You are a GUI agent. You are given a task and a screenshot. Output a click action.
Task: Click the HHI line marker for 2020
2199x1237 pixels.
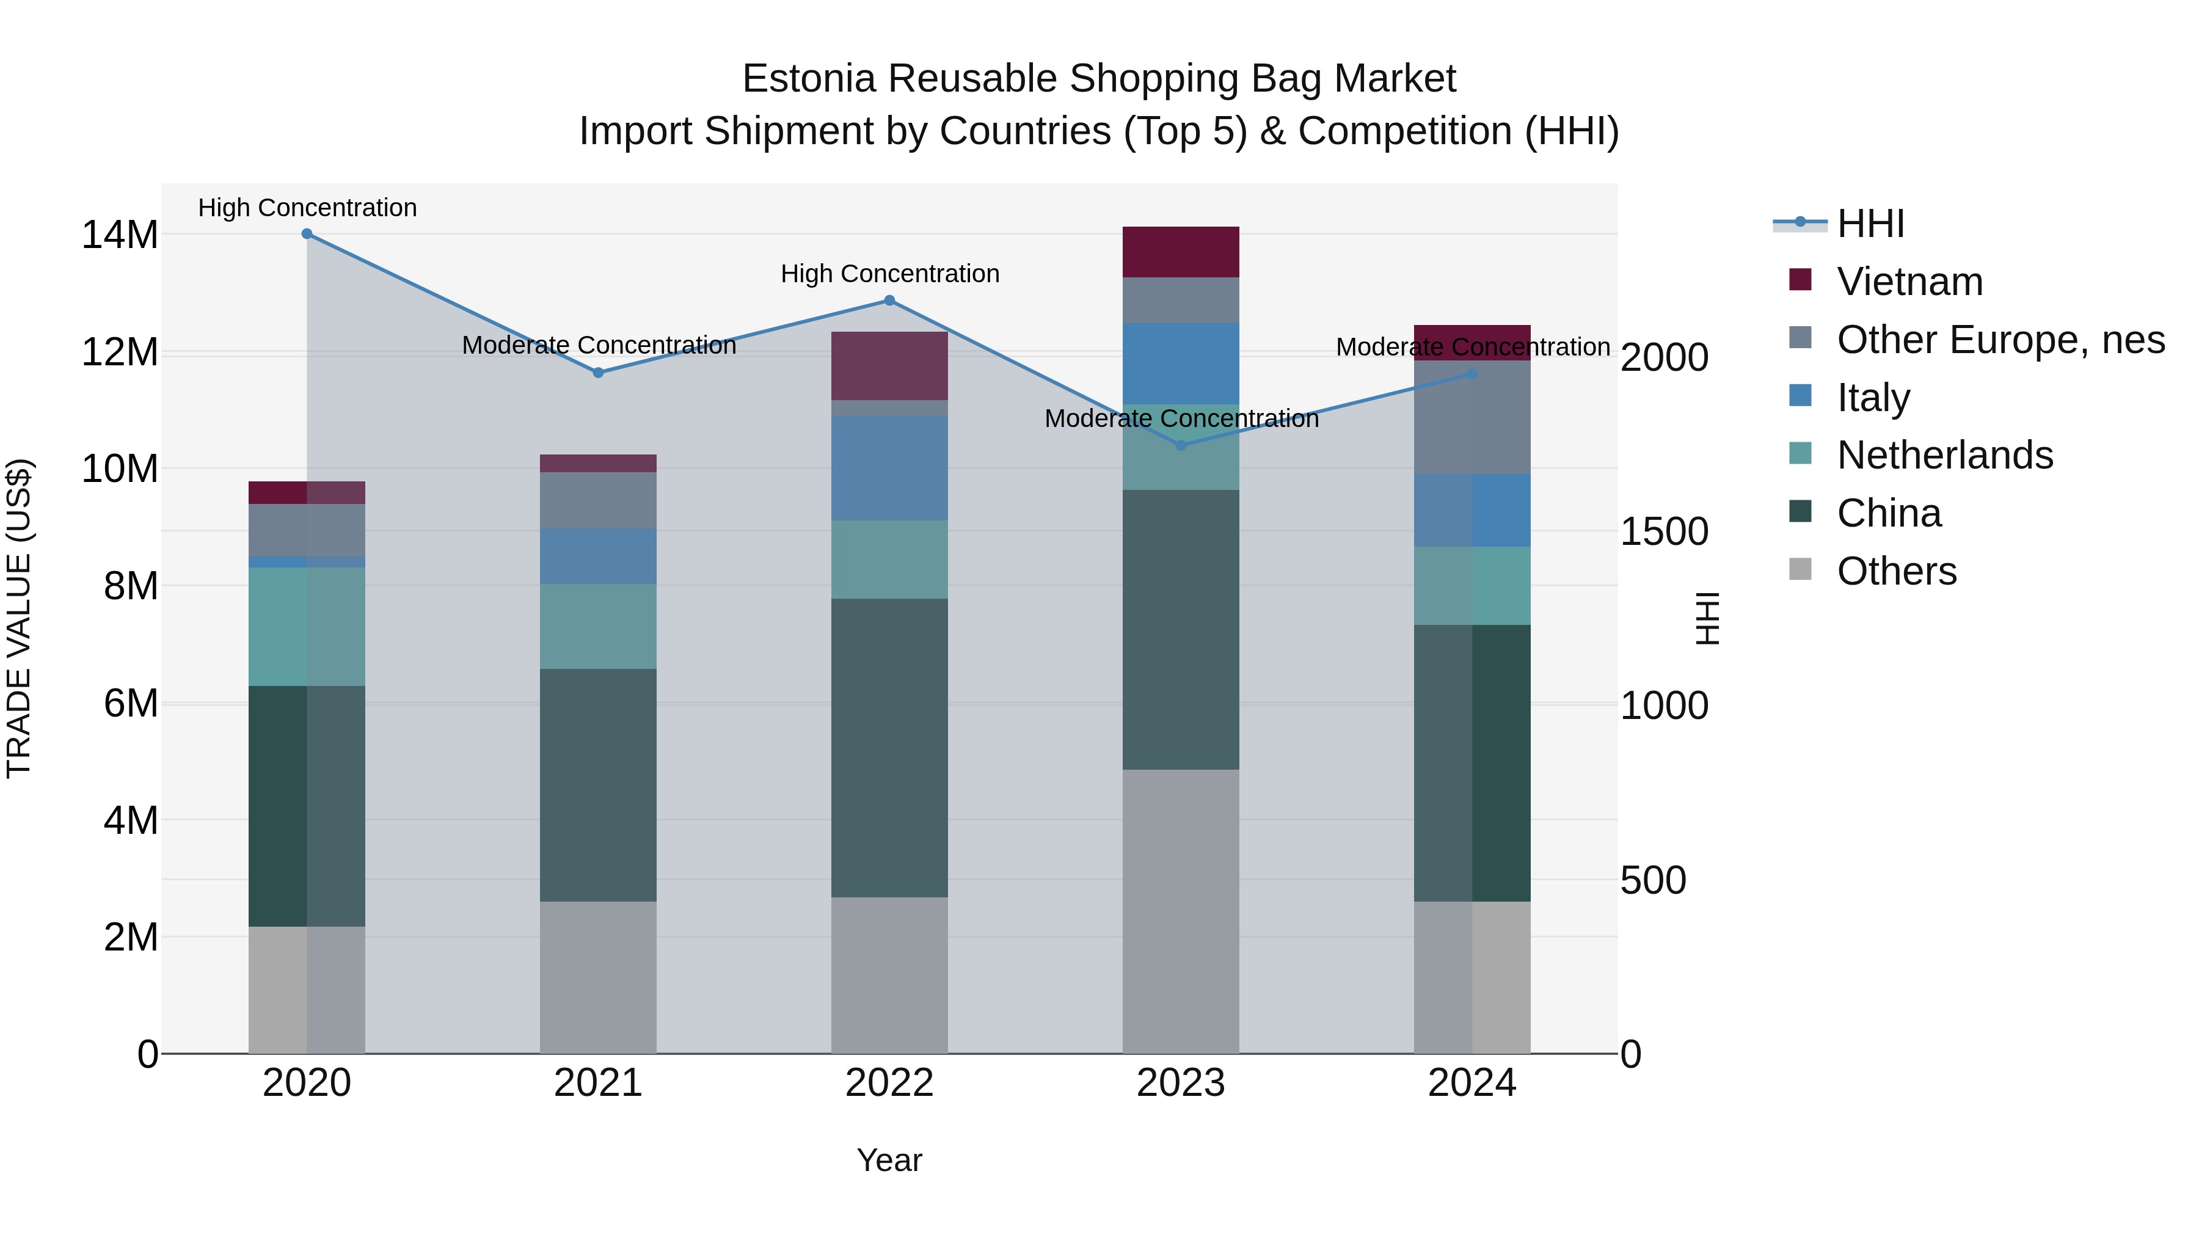[x=307, y=234]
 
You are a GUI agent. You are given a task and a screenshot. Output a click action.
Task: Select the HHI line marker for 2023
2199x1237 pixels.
[x=1181, y=446]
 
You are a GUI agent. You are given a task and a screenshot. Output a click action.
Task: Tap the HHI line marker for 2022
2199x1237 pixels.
[x=889, y=301]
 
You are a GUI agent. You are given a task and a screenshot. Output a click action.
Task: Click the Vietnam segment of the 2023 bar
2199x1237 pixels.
[x=1181, y=252]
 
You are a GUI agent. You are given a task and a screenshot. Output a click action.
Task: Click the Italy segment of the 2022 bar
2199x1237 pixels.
[x=889, y=468]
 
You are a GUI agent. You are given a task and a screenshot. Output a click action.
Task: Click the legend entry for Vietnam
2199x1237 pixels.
[x=1909, y=282]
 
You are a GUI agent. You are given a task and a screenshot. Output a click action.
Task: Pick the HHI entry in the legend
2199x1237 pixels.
[x=1870, y=224]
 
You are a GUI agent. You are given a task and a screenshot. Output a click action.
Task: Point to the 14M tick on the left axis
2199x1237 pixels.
[x=120, y=235]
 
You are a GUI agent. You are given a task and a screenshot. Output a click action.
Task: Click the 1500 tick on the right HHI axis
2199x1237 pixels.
[x=1664, y=532]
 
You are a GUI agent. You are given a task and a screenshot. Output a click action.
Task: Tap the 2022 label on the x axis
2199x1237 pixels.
[x=889, y=1083]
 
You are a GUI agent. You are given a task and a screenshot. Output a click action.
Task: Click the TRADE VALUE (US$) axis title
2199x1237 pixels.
[x=19, y=618]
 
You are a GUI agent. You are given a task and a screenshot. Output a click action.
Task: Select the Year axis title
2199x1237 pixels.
[x=889, y=1160]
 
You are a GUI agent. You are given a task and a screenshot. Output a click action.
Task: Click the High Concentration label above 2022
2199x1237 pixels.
[x=889, y=274]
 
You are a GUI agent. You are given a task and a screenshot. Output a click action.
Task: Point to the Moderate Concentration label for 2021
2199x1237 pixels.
[x=599, y=346]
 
